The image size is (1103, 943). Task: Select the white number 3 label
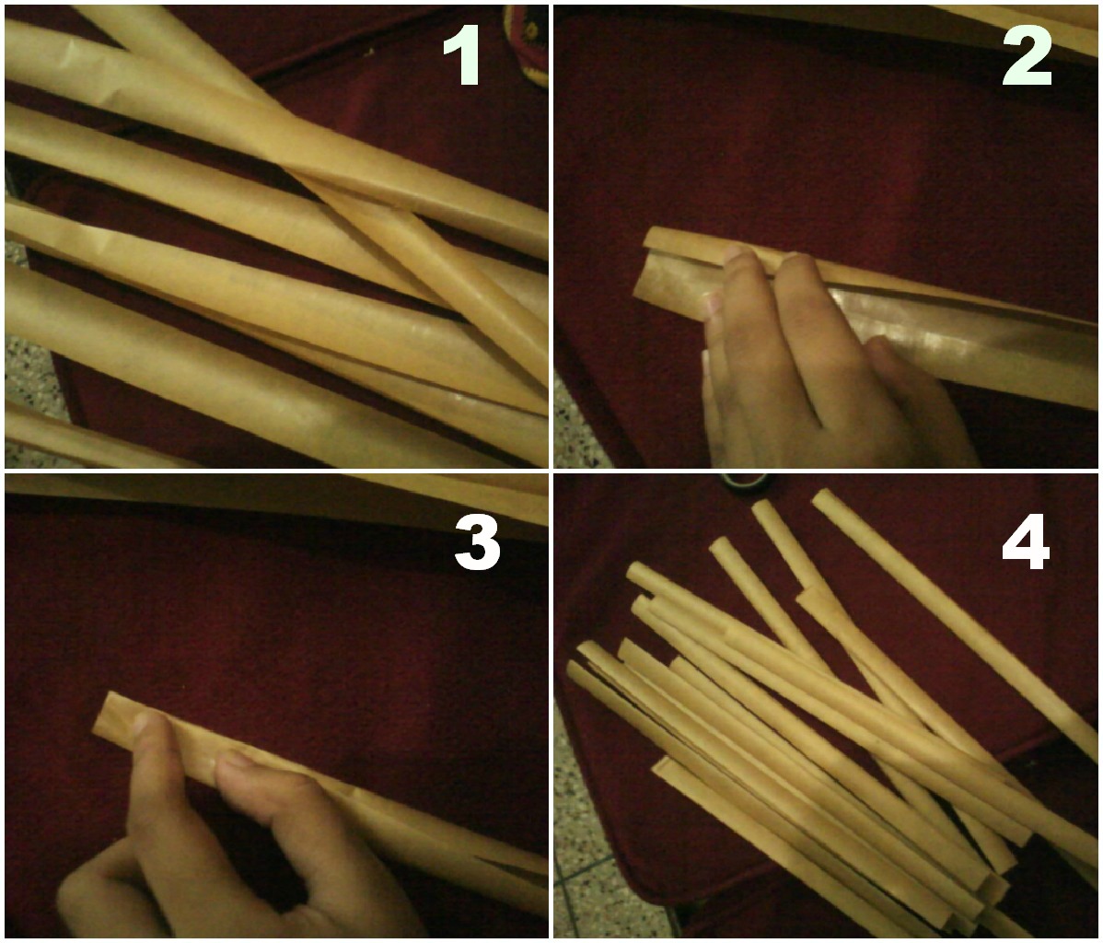477,541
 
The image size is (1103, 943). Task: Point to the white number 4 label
1026,543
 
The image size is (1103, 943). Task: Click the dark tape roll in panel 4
746,482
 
